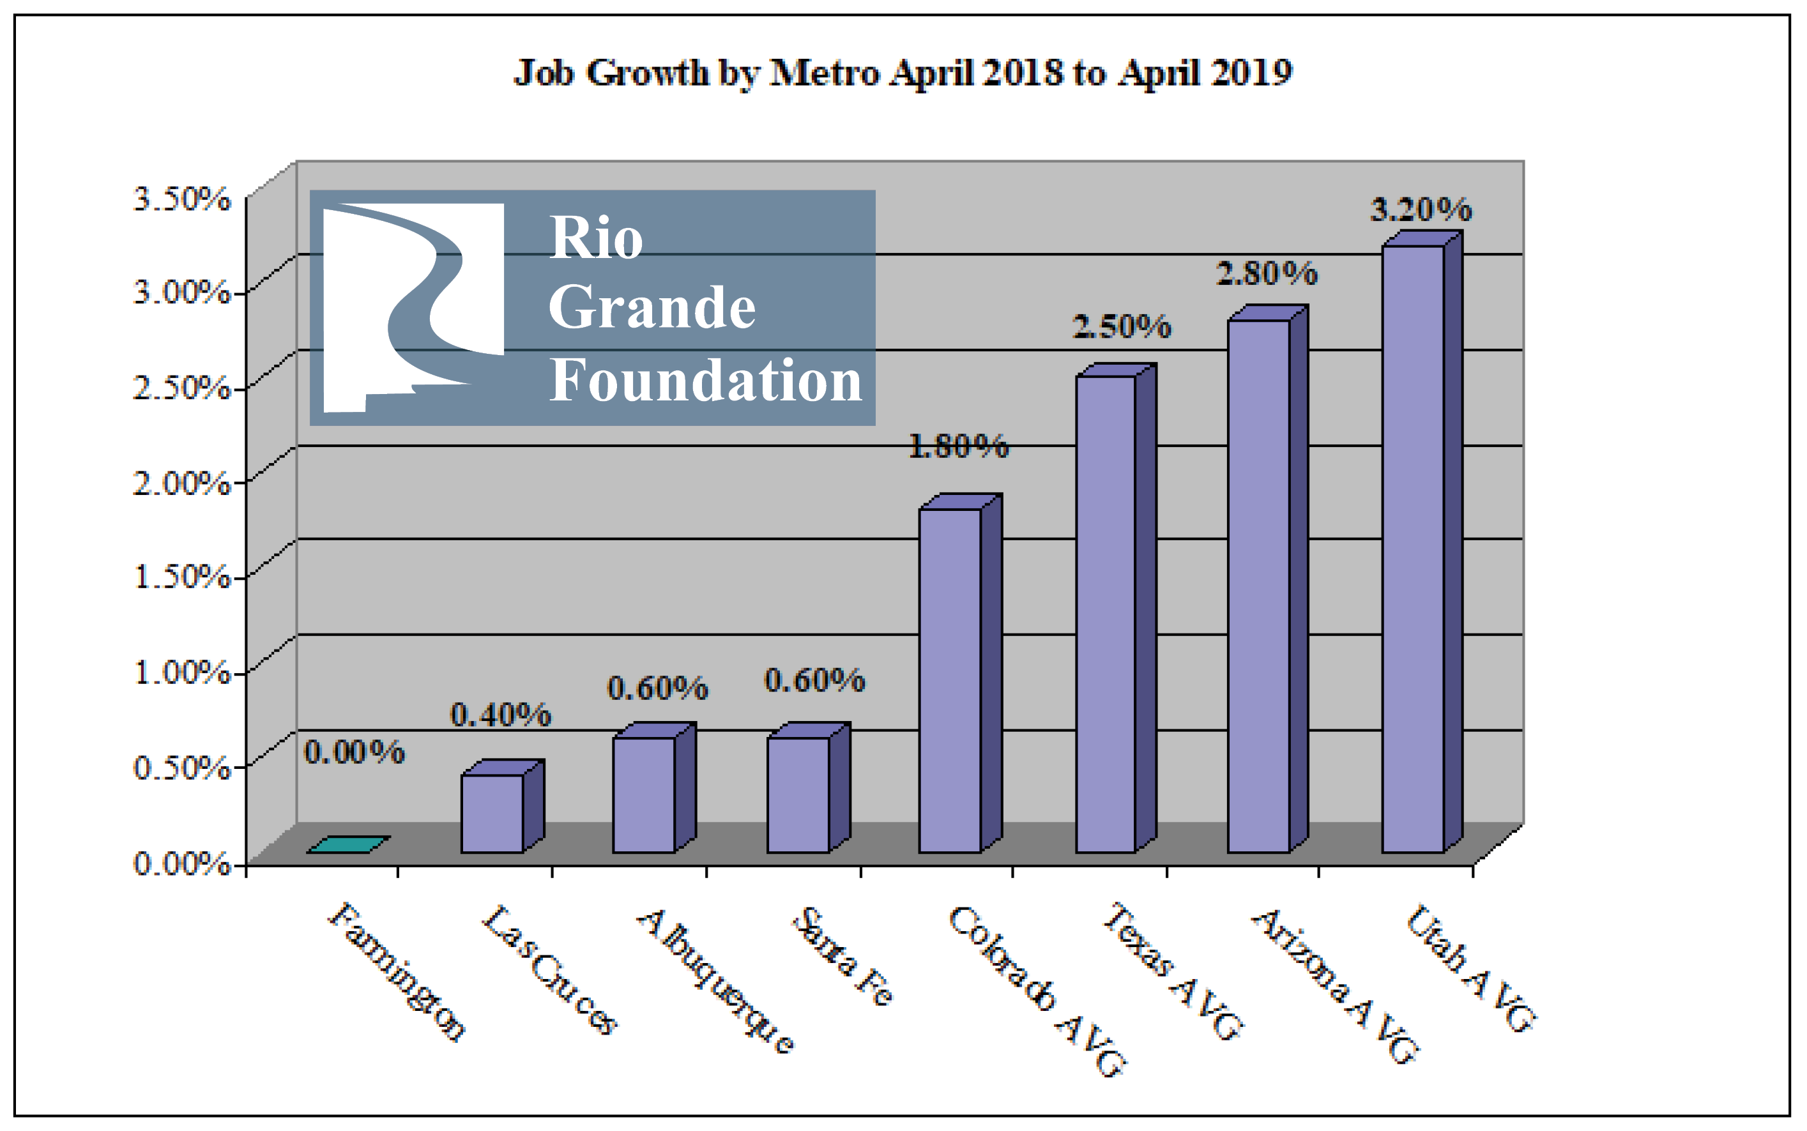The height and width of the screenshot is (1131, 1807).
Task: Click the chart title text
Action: point(903,73)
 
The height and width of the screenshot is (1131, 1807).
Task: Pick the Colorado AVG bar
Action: point(949,680)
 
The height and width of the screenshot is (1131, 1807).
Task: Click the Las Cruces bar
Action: point(491,813)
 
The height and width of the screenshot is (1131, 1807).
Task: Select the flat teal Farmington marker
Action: point(347,844)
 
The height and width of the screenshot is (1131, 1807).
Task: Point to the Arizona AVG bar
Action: point(1258,586)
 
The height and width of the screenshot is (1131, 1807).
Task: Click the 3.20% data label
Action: point(1421,209)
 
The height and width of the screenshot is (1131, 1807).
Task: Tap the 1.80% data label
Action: point(958,446)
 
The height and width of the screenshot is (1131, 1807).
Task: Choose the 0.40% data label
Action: point(500,715)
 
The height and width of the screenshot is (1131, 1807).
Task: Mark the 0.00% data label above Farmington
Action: point(354,752)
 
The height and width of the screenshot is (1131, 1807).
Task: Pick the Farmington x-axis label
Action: point(397,972)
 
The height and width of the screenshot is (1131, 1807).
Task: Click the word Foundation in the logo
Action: point(705,380)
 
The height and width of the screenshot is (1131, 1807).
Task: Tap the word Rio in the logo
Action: point(596,238)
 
